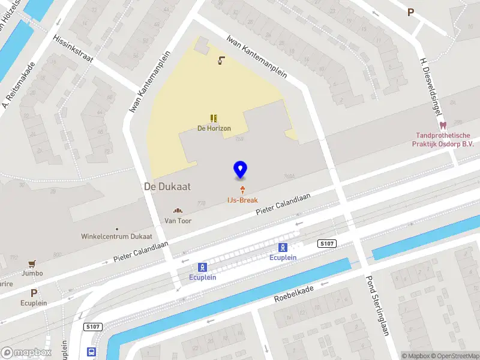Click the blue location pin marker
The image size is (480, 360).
(240, 170)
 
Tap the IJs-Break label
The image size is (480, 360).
(242, 200)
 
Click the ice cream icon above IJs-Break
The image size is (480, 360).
(242, 190)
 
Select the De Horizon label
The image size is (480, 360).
(214, 128)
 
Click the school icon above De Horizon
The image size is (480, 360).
(214, 118)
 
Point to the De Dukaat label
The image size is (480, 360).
(167, 187)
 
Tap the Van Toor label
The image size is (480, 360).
(178, 221)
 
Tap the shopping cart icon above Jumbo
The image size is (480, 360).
(31, 263)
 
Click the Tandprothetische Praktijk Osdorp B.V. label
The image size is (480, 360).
(442, 140)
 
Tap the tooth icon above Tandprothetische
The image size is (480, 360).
(443, 126)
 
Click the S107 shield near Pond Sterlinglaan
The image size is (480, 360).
(326, 244)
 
